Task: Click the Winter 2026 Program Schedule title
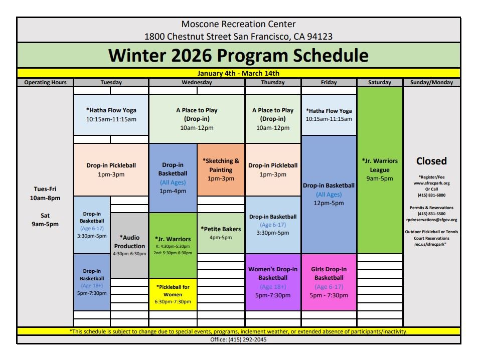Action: (x=238, y=55)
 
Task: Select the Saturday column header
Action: (x=379, y=82)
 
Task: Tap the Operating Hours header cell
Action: (x=45, y=82)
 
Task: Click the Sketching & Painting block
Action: (x=221, y=169)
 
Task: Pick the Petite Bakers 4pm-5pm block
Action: (x=221, y=233)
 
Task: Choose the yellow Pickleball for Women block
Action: (x=173, y=294)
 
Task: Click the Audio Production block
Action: (x=129, y=245)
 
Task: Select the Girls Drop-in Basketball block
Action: (x=329, y=282)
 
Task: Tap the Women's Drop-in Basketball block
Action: (x=273, y=282)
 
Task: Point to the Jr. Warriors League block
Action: (x=380, y=170)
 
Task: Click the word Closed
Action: (x=431, y=161)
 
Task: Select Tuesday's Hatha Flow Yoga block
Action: (x=111, y=114)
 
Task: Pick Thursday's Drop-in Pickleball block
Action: (x=273, y=169)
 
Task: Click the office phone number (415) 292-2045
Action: (x=238, y=339)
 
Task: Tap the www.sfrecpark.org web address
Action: (x=431, y=183)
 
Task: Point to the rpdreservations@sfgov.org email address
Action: (x=431, y=220)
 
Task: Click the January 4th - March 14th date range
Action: (x=238, y=73)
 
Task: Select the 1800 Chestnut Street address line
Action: (x=238, y=36)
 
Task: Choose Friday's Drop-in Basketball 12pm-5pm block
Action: (x=329, y=194)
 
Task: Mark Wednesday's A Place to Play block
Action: (x=197, y=119)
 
